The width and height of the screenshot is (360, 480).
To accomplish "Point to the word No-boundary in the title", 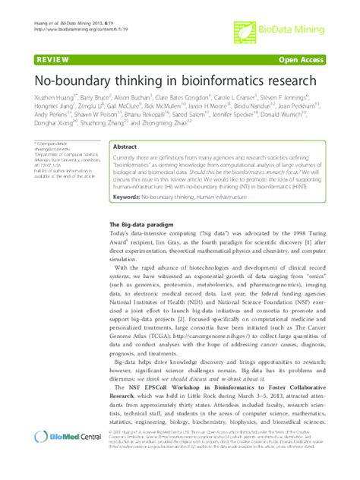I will [74, 80].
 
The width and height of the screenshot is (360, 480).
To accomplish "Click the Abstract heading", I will [126, 149].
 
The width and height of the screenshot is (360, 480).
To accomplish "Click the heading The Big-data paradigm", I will [140, 225].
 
